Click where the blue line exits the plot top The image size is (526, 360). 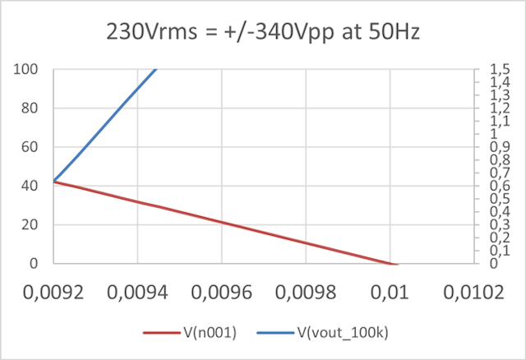(155, 71)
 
